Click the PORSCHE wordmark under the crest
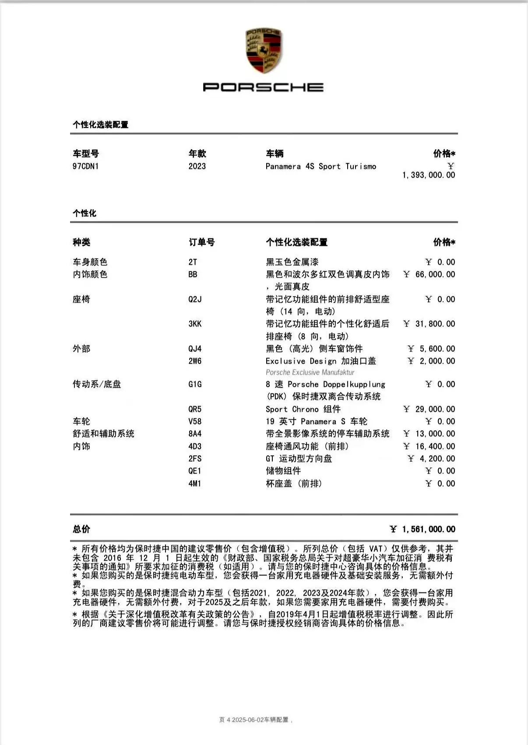tap(263, 87)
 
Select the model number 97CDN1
tap(86, 166)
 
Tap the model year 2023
tap(197, 166)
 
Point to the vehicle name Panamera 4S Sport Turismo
tap(320, 166)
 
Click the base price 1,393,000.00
tap(429, 175)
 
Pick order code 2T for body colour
tap(193, 262)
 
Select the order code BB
tap(193, 274)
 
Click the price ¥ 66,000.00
tap(429, 274)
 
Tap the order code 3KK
tap(195, 324)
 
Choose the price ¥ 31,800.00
tap(429, 324)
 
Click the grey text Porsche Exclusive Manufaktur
tap(310, 372)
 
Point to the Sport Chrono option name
tap(303, 409)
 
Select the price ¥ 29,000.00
tap(429, 409)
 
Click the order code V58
tap(195, 422)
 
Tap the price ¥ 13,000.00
tap(429, 434)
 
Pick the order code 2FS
tap(195, 459)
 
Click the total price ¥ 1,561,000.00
tap(423, 529)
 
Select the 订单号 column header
tap(202, 242)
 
